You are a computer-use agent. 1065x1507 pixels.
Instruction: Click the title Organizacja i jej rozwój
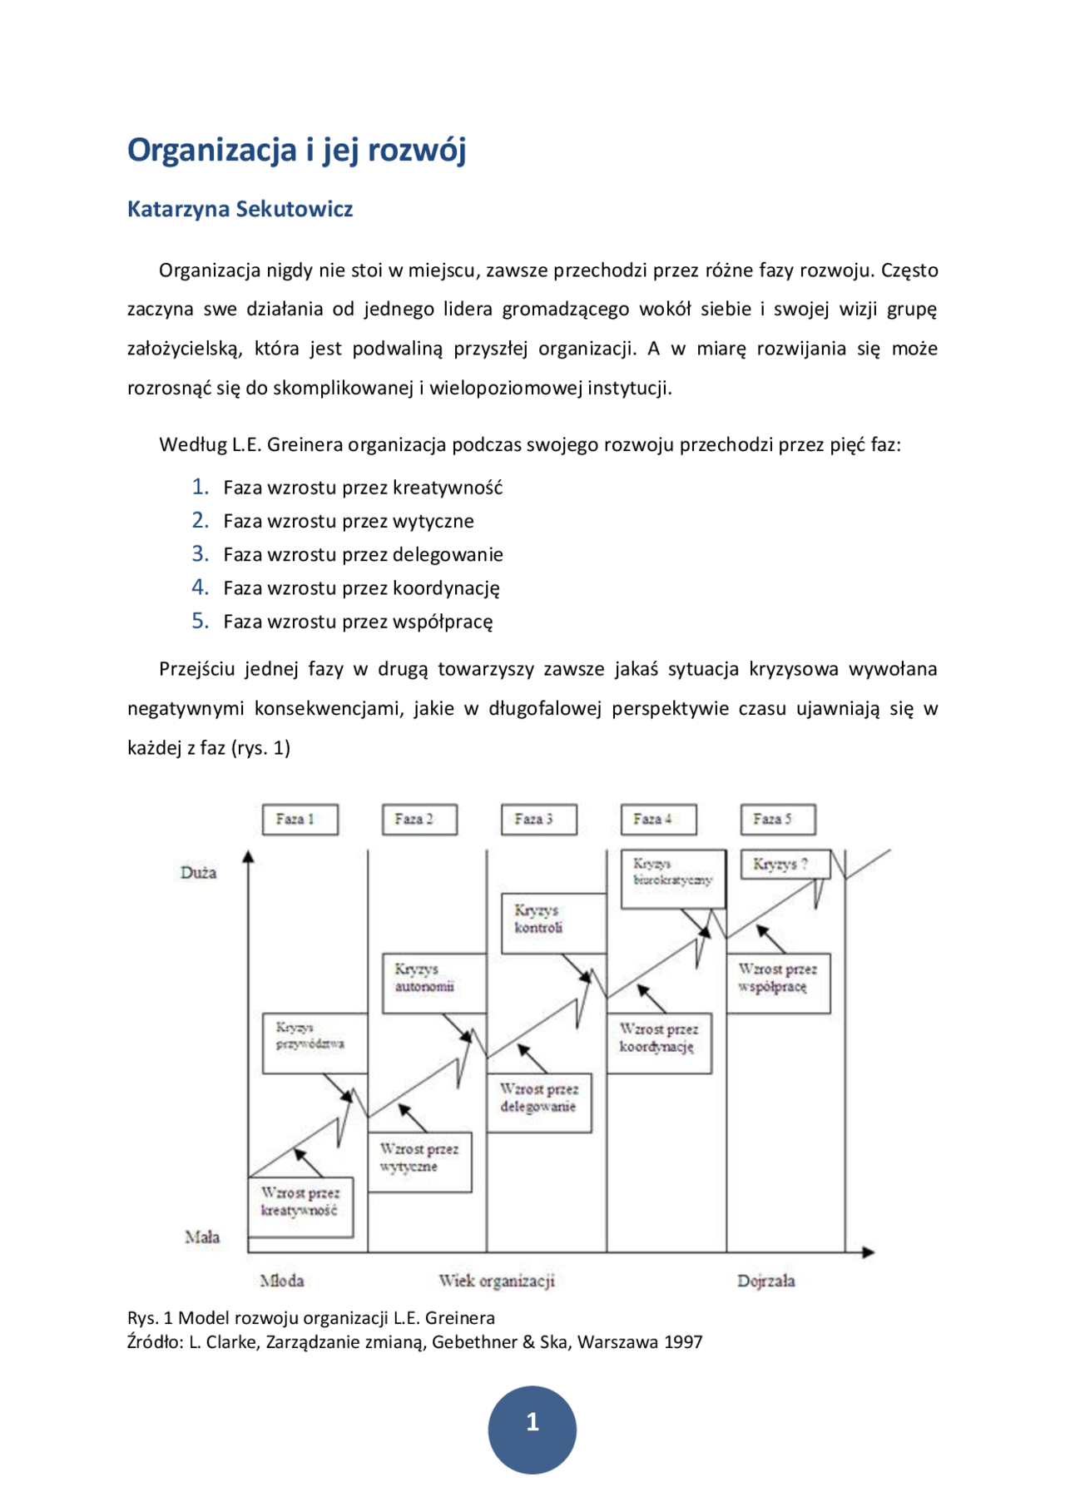click(x=296, y=151)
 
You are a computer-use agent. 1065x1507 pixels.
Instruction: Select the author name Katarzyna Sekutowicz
click(x=240, y=209)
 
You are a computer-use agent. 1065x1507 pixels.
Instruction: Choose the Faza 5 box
click(x=778, y=820)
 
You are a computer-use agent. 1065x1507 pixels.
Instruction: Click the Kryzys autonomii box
click(x=433, y=983)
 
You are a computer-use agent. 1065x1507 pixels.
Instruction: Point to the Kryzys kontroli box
click(x=553, y=923)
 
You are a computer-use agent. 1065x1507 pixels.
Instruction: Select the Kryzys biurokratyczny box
click(x=673, y=879)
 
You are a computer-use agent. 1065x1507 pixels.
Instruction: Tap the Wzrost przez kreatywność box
click(x=300, y=1207)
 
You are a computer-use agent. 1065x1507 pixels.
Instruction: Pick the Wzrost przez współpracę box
click(x=778, y=983)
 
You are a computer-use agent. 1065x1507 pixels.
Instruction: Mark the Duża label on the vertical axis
click(x=198, y=873)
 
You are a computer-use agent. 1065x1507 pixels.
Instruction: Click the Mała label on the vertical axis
click(x=202, y=1237)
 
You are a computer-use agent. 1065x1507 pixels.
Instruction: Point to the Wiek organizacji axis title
click(x=497, y=1281)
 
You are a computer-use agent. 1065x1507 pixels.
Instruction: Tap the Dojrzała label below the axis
click(x=765, y=1281)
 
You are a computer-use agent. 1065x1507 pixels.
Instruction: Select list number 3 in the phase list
click(x=200, y=554)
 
